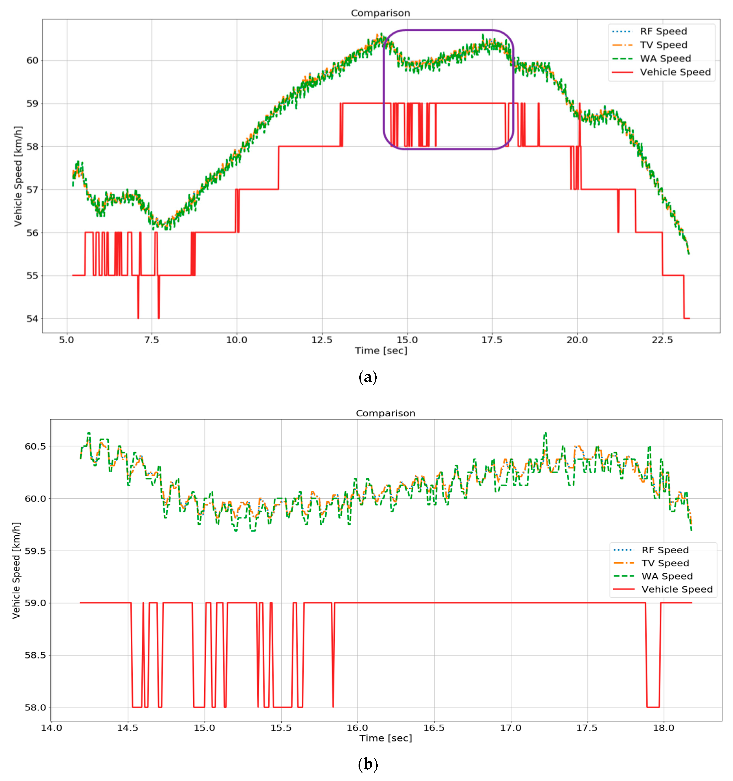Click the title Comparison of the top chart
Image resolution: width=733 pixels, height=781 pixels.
tap(380, 13)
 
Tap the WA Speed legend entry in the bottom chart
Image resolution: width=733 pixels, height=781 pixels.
tap(667, 576)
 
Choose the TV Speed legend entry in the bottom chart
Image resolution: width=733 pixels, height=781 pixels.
tap(665, 563)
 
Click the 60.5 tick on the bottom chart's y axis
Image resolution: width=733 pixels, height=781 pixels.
tap(35, 446)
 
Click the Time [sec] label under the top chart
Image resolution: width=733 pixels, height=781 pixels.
tap(381, 350)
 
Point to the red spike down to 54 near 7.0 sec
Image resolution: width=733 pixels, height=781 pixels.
tap(138, 310)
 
